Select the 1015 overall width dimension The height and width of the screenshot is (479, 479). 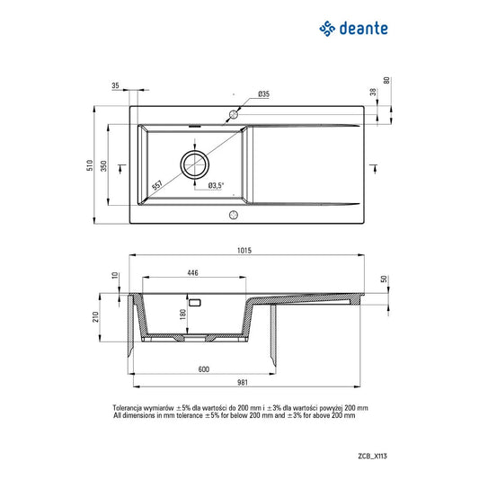coord(243,251)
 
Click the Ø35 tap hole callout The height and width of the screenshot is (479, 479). coord(263,94)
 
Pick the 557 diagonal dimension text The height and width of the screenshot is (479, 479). coord(158,183)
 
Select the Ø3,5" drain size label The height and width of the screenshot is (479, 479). coord(216,185)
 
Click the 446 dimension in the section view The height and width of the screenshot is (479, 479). coord(192,271)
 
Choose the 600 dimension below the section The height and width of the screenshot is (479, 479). coord(203,369)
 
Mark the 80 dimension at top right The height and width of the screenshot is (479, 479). coord(387,81)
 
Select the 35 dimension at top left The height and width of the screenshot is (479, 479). coord(115,85)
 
